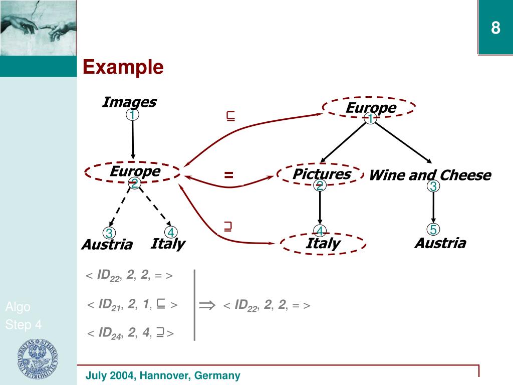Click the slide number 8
tap(495, 28)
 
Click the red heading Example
tap(123, 67)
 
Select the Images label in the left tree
tap(129, 102)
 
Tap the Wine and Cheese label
tap(430, 175)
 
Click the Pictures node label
tap(322, 174)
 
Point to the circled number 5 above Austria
tap(433, 230)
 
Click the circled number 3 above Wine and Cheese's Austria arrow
tap(433, 186)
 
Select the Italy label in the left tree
tap(168, 244)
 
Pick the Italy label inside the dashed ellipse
tap(323, 244)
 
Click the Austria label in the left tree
tap(107, 245)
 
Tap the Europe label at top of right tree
tap(371, 108)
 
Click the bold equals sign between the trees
tap(229, 175)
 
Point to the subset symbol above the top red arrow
tap(231, 117)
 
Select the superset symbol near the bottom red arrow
tap(228, 227)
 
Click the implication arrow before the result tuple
tap(206, 305)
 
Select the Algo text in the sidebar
tap(18, 307)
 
